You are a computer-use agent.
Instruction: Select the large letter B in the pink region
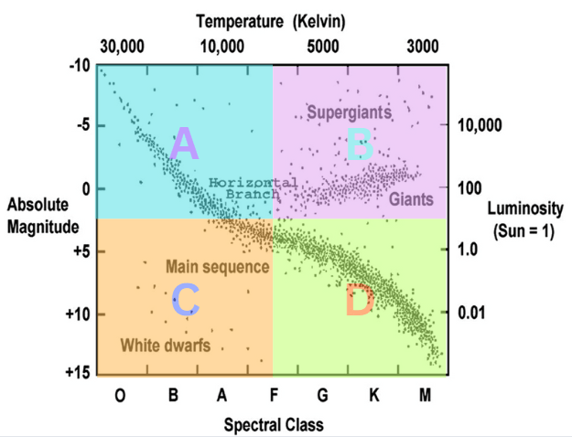(x=359, y=144)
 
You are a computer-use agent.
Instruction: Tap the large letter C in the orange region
(x=185, y=300)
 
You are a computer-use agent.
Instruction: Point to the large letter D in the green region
(x=359, y=301)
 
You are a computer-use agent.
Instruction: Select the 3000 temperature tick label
(x=423, y=46)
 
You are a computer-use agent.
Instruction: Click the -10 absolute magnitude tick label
(x=79, y=67)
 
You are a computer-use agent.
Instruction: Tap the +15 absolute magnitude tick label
(x=79, y=373)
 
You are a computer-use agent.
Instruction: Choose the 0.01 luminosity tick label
(x=472, y=314)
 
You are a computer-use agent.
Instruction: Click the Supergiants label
(x=349, y=113)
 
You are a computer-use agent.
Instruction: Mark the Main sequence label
(x=217, y=267)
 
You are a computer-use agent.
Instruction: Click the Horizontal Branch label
(x=242, y=188)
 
